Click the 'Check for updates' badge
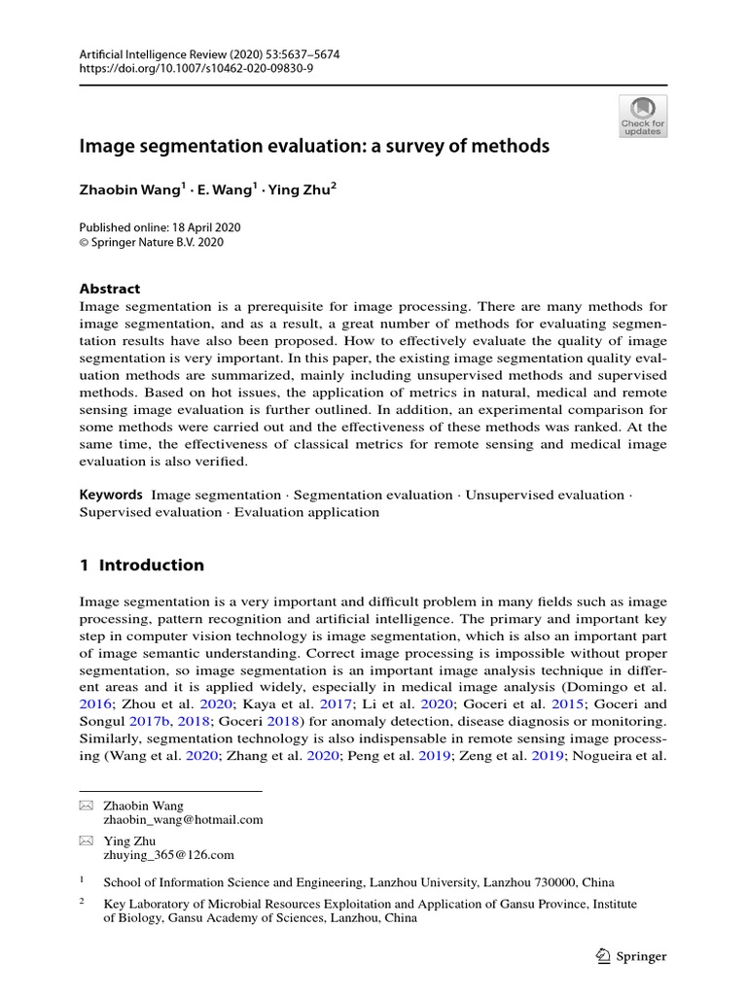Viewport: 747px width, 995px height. tap(643, 116)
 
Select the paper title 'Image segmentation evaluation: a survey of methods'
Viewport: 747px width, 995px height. tap(314, 147)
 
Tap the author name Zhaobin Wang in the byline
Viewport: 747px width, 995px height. tap(129, 191)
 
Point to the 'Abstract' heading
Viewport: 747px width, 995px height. tap(110, 289)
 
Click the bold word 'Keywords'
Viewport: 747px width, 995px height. tap(111, 495)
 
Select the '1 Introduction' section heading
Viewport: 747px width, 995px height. tap(142, 565)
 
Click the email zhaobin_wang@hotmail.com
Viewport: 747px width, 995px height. tap(183, 819)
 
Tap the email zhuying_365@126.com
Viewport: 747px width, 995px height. tap(169, 855)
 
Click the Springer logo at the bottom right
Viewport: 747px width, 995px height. tap(629, 956)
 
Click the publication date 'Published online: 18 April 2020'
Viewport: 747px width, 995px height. tap(160, 226)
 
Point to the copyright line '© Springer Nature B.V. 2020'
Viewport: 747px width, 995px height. tap(152, 242)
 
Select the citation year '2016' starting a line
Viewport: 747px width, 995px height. tap(94, 703)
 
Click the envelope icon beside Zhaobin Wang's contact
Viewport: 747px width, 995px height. tap(86, 806)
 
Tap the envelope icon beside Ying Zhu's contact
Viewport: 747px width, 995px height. tap(86, 841)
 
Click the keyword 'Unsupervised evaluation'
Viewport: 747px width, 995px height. tap(545, 495)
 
